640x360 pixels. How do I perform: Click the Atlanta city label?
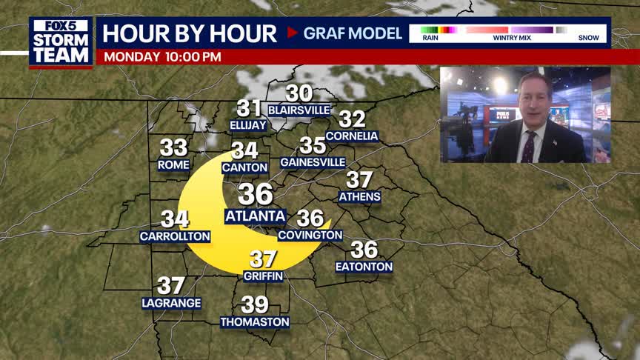[256, 216]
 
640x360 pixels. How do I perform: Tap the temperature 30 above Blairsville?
[299, 93]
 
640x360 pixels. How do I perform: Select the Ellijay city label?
[248, 125]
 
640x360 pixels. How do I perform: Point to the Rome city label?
[174, 165]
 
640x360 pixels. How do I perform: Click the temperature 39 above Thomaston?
[255, 304]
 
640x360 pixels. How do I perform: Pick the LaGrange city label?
[171, 303]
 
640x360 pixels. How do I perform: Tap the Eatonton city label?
[364, 267]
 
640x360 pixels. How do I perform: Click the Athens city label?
[359, 197]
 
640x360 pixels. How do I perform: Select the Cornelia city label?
[352, 136]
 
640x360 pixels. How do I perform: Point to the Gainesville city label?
[313, 162]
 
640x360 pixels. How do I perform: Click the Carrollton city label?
[175, 236]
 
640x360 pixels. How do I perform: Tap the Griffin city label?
[263, 276]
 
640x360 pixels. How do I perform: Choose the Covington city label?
[310, 236]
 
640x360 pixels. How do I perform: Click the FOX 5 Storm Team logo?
[61, 41]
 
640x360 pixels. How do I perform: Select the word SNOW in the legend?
[588, 38]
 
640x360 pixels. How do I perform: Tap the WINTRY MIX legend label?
[511, 38]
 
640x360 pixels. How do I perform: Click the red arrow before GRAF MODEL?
[292, 33]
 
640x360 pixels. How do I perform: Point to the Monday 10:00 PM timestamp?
[162, 56]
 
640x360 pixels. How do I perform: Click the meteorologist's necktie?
[527, 147]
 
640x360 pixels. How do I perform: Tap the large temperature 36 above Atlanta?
[256, 194]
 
